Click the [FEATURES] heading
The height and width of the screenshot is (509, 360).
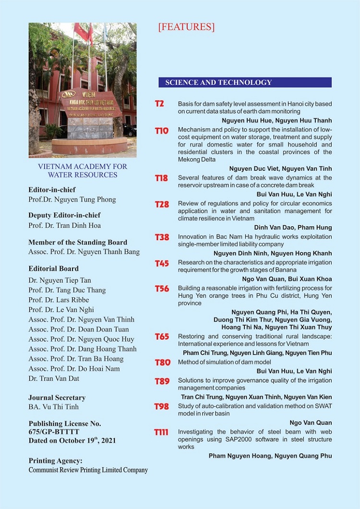[186, 27]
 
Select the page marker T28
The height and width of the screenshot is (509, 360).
[162, 204]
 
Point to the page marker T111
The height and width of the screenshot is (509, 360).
[161, 432]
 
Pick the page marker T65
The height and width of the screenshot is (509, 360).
[162, 337]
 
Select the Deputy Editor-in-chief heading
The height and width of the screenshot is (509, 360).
[64, 215]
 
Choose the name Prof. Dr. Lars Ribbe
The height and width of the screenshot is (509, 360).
[61, 300]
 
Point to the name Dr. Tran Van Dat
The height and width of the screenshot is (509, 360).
[54, 378]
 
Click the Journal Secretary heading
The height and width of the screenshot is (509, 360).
[57, 398]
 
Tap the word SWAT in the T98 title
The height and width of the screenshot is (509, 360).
[186, 413]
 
